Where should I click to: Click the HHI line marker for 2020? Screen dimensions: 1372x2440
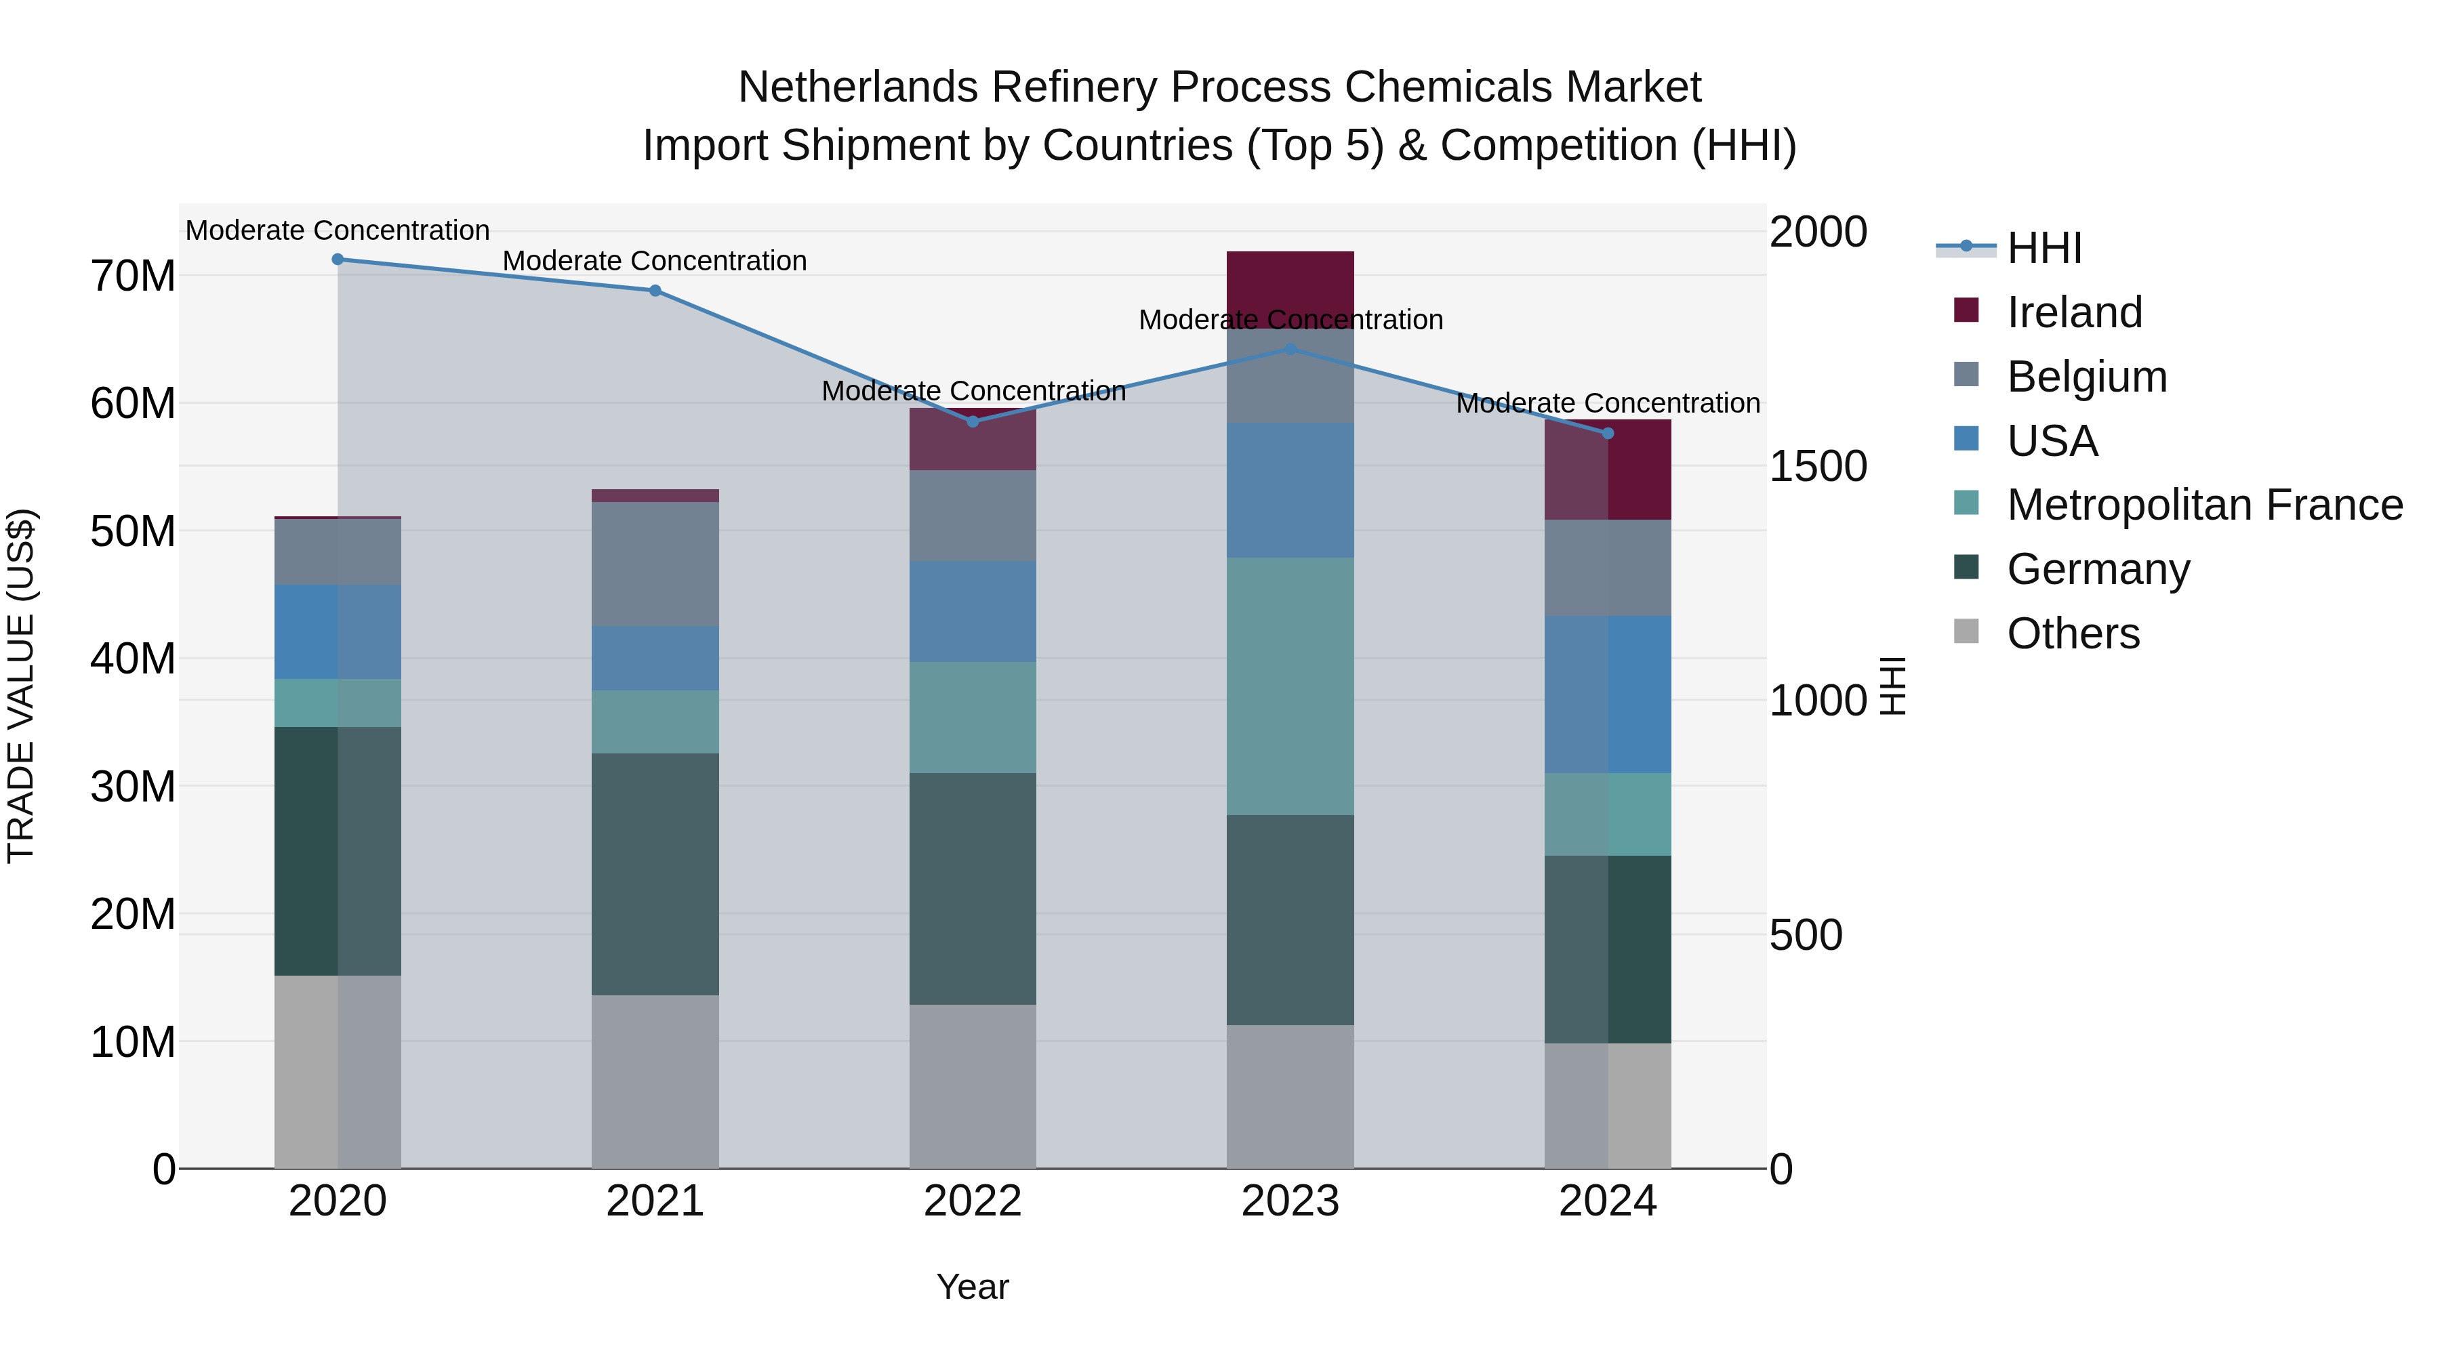click(x=338, y=259)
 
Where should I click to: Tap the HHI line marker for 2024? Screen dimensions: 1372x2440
click(x=1608, y=434)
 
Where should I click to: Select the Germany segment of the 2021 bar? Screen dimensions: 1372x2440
click(x=655, y=873)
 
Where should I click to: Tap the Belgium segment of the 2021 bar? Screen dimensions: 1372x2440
click(x=655, y=564)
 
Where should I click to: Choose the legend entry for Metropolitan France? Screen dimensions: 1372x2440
click(x=2204, y=505)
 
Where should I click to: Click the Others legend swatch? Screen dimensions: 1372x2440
click(x=1966, y=631)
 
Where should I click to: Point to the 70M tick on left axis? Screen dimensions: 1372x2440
click(x=133, y=276)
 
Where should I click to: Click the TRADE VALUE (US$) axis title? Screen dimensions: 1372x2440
click(x=21, y=686)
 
